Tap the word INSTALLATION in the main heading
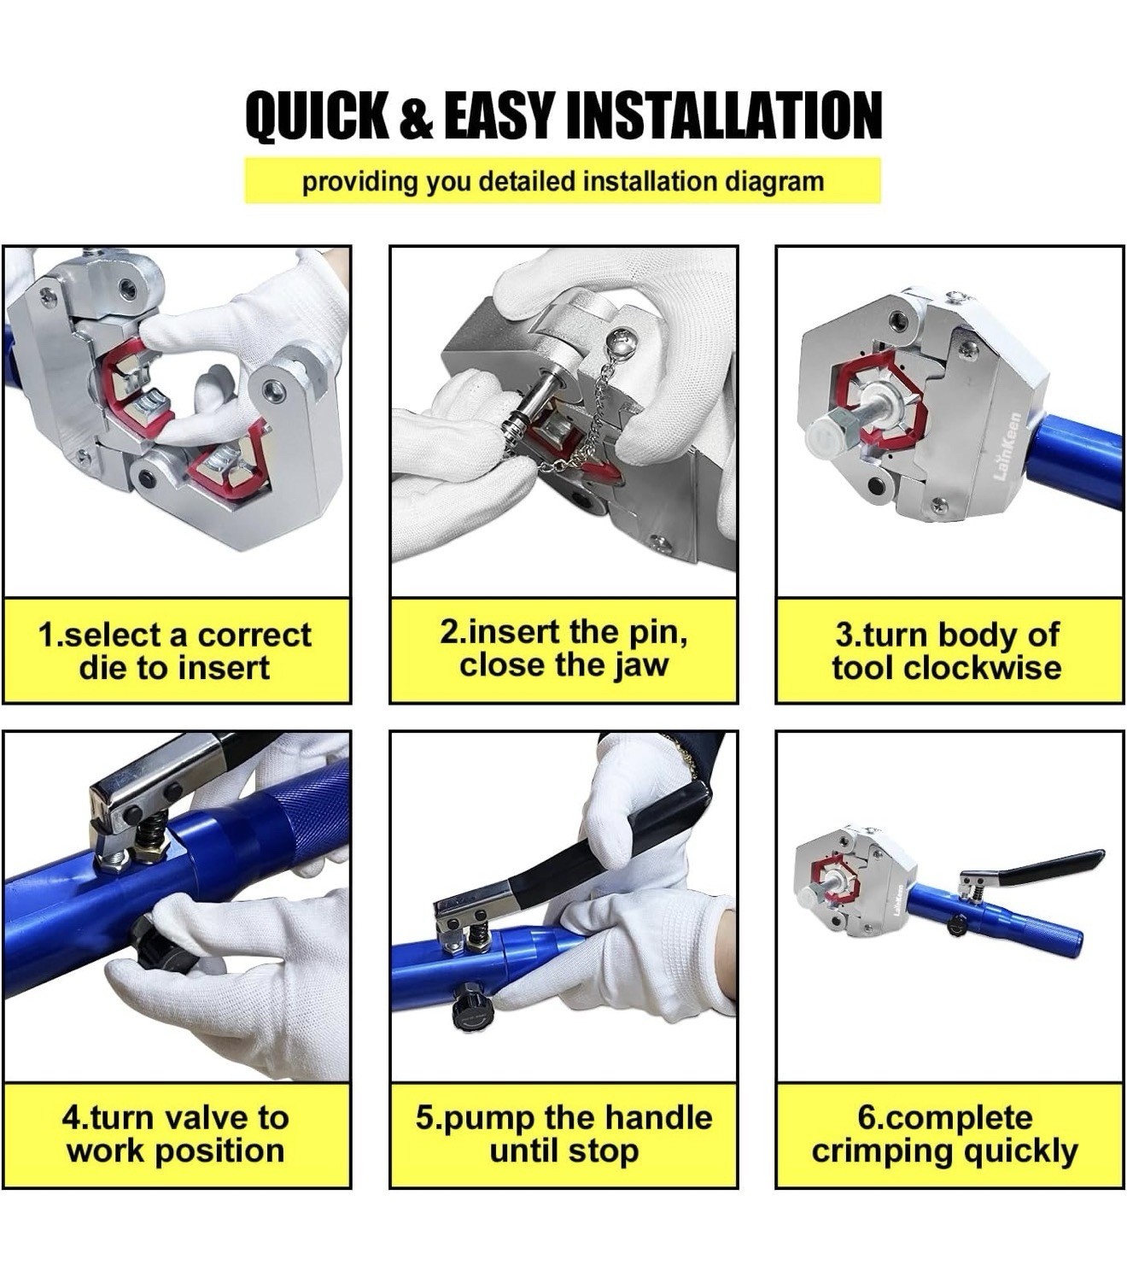click(724, 115)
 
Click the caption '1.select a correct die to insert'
click(176, 651)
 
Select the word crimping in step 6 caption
click(884, 1151)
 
